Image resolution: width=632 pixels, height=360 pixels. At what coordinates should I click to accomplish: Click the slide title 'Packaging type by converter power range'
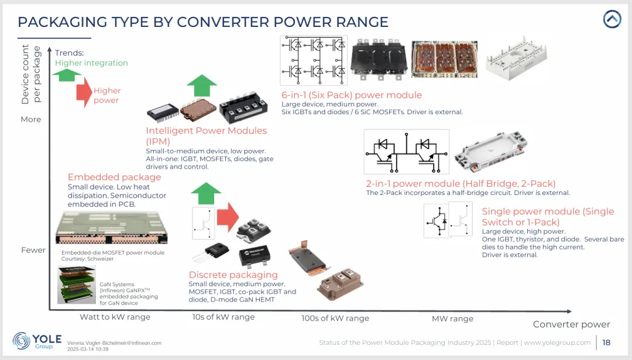tap(202, 22)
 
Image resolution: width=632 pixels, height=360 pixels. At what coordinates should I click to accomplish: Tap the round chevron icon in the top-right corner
tap(612, 19)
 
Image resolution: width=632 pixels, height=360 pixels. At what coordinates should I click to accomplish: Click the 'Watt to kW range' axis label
tap(115, 317)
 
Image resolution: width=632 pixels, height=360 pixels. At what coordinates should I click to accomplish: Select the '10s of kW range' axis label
tap(224, 317)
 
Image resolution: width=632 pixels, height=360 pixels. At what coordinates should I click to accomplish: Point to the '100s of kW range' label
tap(335, 318)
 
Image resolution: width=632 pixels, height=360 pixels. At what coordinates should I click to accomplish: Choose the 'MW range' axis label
tap(452, 318)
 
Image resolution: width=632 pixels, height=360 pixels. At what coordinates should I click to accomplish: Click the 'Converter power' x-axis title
tap(571, 324)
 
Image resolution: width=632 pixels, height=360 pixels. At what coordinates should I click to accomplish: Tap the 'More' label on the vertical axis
tap(31, 119)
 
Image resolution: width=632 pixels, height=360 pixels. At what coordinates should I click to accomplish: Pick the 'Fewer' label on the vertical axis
tap(33, 250)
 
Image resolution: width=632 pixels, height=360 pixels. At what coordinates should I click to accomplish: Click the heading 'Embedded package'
tap(114, 177)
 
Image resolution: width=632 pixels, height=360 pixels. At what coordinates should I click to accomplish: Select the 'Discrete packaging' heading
tap(233, 275)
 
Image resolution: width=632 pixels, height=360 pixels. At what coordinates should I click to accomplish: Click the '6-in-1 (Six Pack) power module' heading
tap(351, 95)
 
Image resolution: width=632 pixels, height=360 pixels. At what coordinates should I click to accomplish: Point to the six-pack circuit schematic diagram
tap(314, 60)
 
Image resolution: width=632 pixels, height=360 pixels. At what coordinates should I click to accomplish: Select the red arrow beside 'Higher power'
tap(84, 92)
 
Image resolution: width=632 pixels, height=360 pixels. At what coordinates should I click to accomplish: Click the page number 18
tap(606, 342)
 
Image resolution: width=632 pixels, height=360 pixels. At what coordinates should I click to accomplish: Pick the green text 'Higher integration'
tap(91, 63)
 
